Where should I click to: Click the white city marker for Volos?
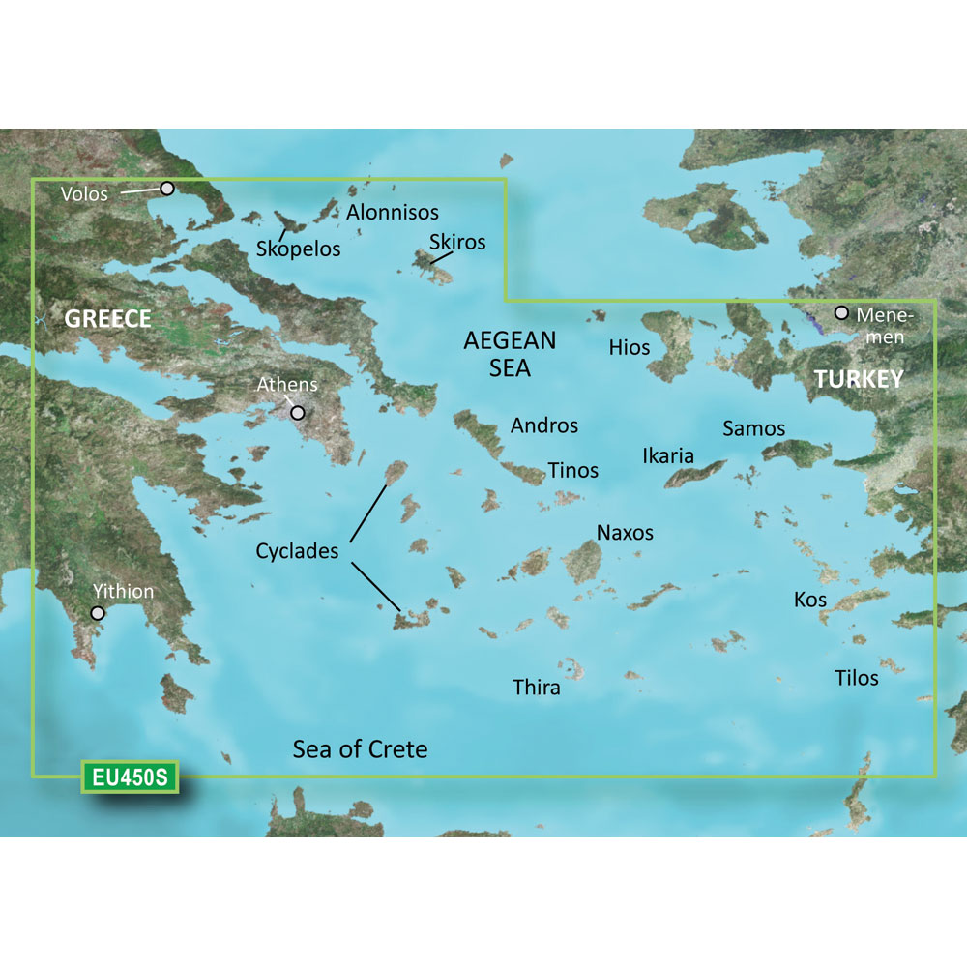[x=167, y=189]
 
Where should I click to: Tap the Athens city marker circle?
[x=298, y=413]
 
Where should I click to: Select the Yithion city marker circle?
[x=98, y=613]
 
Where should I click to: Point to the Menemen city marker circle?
[x=842, y=313]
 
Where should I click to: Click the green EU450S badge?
[x=130, y=777]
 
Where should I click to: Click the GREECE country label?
[x=107, y=319]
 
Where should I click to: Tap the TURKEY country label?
[x=859, y=379]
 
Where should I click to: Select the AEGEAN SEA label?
[x=510, y=354]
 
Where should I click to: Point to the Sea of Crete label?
[x=360, y=748]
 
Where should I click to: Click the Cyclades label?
[x=297, y=551]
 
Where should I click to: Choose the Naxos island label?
[x=625, y=532]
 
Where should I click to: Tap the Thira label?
[x=536, y=688]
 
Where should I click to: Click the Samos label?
[x=754, y=427]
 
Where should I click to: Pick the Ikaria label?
[x=668, y=455]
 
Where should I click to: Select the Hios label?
[x=630, y=347]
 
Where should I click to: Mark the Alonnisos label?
[x=393, y=212]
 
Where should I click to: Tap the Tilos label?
[x=857, y=678]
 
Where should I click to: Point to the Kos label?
[x=810, y=600]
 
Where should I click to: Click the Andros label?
[x=544, y=425]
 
